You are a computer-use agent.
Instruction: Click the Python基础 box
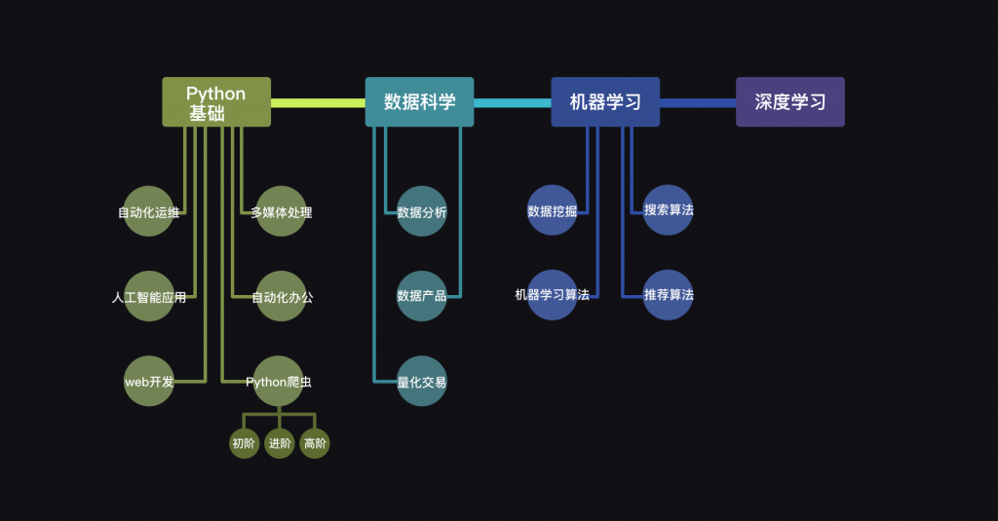[216, 102]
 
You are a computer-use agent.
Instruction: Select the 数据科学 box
[419, 102]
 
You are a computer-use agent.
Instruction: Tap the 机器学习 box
[605, 102]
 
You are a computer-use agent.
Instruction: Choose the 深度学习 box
[790, 102]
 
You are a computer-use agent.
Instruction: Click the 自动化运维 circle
[148, 211]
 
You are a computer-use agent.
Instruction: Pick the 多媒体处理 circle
[281, 211]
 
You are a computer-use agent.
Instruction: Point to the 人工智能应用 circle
[149, 296]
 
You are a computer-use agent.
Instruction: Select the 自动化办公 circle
[281, 296]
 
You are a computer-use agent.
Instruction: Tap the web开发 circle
[149, 381]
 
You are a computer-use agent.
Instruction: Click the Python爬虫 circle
[278, 381]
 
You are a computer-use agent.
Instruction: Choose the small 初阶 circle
[244, 443]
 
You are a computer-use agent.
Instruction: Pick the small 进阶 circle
[280, 443]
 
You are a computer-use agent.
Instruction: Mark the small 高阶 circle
[315, 443]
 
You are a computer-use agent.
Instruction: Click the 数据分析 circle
[421, 211]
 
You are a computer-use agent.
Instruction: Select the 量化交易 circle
[421, 381]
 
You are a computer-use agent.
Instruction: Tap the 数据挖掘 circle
[552, 210]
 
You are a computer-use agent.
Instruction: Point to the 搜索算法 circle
[668, 210]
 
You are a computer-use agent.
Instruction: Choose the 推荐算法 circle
[668, 294]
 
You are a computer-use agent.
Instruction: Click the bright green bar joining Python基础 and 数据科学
[319, 103]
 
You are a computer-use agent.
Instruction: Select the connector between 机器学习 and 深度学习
[698, 103]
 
